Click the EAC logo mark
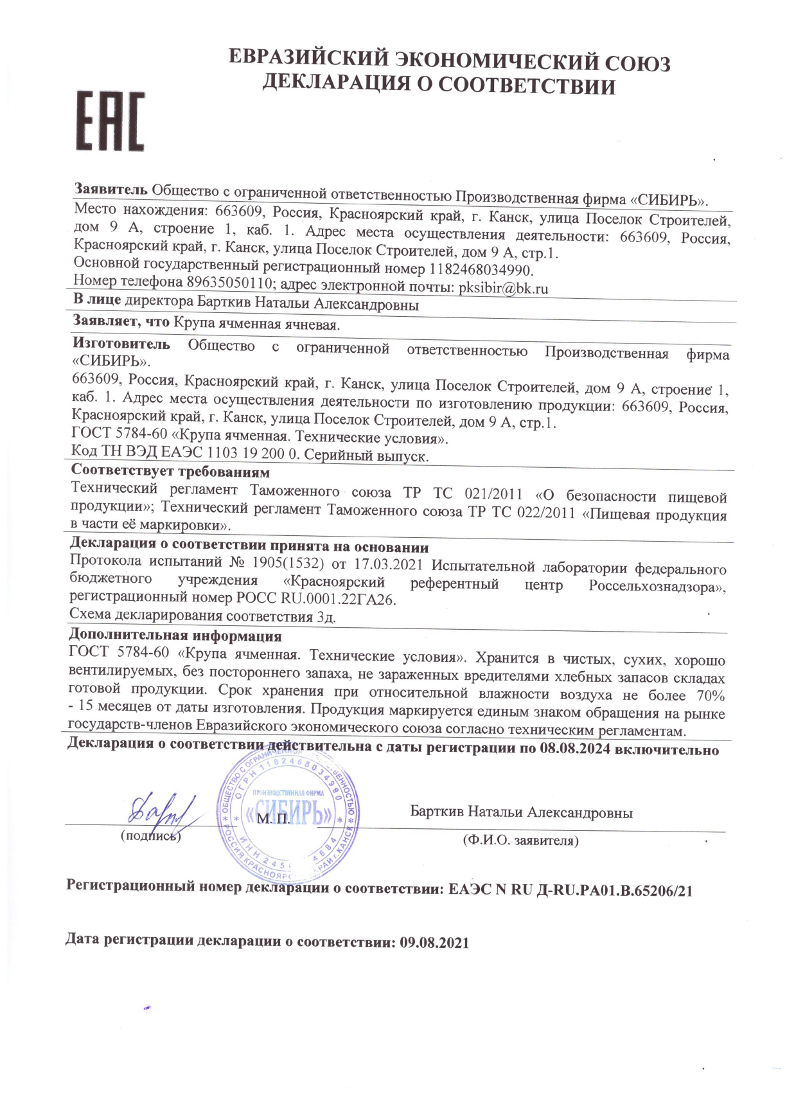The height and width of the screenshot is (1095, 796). pyautogui.click(x=111, y=121)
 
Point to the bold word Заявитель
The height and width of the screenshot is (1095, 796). pyautogui.click(x=111, y=189)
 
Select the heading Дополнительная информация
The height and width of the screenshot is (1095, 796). pyautogui.click(x=175, y=636)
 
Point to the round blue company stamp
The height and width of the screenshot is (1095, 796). pyautogui.click(x=287, y=815)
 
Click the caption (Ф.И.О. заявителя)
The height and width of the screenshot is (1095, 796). pyautogui.click(x=520, y=840)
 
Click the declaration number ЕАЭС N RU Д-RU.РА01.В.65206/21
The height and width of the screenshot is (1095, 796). pyautogui.click(x=570, y=890)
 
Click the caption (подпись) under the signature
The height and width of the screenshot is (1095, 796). pyautogui.click(x=151, y=836)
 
